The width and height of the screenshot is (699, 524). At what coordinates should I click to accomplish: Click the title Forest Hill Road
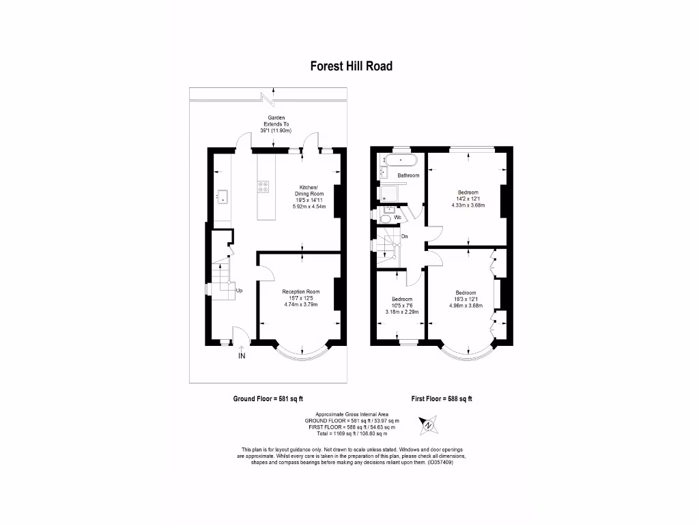(351, 66)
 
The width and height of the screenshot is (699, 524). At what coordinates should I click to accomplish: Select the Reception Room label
(301, 292)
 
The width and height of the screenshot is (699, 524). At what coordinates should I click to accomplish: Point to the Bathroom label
(408, 175)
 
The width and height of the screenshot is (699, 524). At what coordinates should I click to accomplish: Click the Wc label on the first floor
(397, 217)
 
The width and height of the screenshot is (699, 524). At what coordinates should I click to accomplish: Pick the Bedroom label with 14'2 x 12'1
(468, 192)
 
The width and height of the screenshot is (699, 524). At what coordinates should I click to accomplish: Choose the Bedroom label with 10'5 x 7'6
(401, 300)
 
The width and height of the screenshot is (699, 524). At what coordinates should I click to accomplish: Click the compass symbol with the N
(428, 426)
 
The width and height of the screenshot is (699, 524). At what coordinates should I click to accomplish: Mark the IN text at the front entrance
(241, 356)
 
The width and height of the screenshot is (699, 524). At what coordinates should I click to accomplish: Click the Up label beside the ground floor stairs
(239, 291)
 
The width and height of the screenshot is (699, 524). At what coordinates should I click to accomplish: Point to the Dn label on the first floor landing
(404, 237)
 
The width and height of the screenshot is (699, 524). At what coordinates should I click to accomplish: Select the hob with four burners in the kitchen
(263, 185)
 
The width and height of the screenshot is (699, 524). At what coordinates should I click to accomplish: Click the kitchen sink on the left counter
(222, 196)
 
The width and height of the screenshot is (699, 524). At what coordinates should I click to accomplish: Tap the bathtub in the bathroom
(399, 161)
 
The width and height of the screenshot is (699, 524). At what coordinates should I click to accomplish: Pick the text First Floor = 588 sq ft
(442, 399)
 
